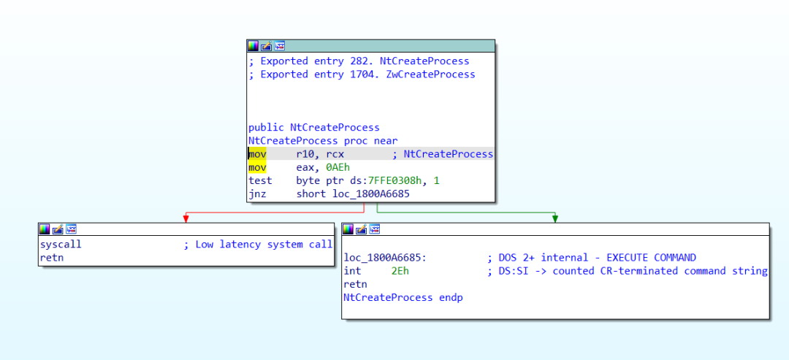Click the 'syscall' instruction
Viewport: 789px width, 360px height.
coord(61,245)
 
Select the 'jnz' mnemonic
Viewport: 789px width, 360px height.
coord(257,194)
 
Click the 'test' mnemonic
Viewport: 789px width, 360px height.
coord(259,180)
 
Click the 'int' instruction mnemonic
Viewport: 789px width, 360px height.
coord(352,271)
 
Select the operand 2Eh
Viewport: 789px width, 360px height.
coord(400,271)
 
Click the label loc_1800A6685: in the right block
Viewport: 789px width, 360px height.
coord(385,258)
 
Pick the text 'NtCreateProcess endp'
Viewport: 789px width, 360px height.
coord(403,297)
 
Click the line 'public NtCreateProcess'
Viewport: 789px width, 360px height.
coord(313,127)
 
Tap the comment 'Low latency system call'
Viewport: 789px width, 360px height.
coord(264,245)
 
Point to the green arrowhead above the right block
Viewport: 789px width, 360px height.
coord(555,218)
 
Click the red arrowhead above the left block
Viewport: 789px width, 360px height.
coord(186,218)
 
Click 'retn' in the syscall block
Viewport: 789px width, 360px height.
coord(52,258)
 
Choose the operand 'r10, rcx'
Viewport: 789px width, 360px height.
coord(320,154)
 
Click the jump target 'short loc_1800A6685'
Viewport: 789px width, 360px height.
coord(354,194)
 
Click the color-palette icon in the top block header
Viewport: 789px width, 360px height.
coord(254,45)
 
